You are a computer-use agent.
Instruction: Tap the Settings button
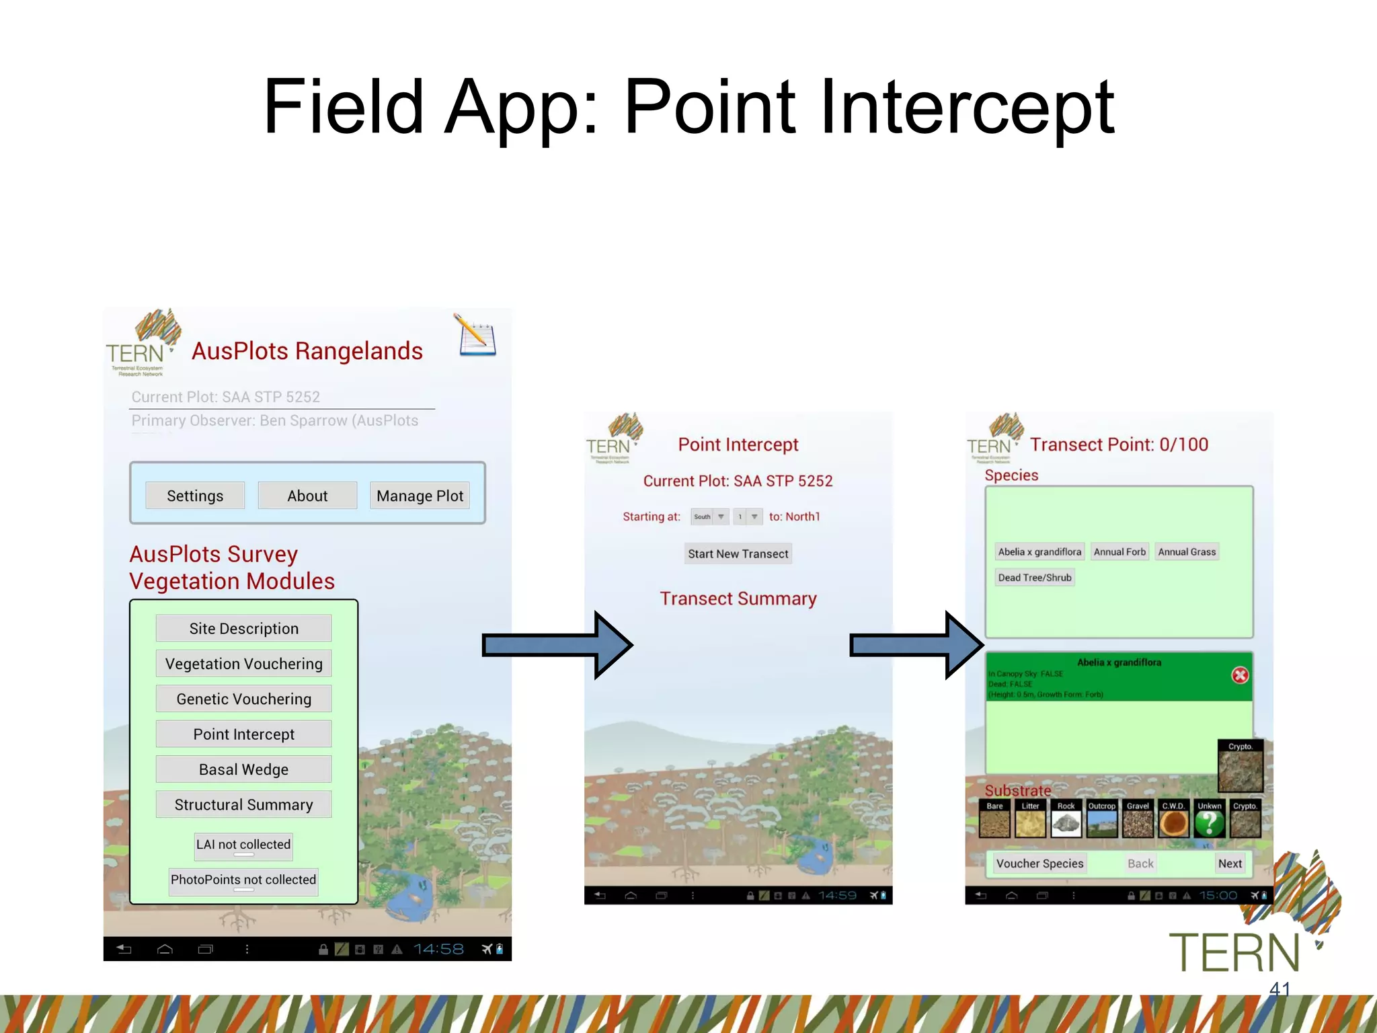(x=195, y=496)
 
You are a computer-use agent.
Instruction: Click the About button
(x=307, y=496)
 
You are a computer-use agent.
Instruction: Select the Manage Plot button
(x=420, y=496)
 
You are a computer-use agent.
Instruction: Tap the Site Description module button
(x=243, y=628)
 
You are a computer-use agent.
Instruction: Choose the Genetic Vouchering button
(x=243, y=699)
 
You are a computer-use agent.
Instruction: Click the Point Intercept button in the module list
(x=243, y=734)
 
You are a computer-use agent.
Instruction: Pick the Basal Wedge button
(x=243, y=769)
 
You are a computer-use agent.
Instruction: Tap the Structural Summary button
(x=243, y=804)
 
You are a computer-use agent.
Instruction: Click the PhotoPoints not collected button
(x=243, y=880)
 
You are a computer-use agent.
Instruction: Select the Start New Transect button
(x=738, y=553)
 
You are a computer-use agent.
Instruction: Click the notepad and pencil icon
(x=476, y=335)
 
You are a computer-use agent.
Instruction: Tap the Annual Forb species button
(x=1119, y=551)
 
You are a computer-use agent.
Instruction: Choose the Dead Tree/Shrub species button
(x=1034, y=577)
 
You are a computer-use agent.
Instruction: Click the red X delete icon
(x=1240, y=675)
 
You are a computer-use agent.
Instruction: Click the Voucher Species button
(x=1039, y=864)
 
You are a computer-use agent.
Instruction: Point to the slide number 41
(x=1280, y=989)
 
